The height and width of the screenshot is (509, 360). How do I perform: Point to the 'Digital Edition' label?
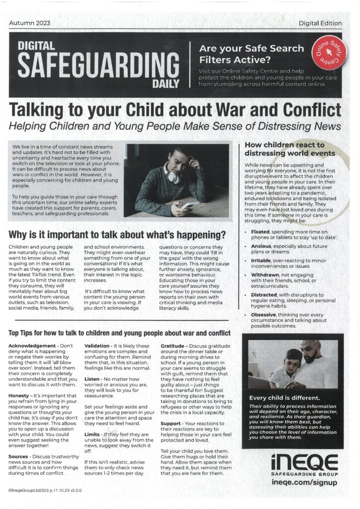coord(320,23)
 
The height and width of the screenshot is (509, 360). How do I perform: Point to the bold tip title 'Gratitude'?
coord(177,345)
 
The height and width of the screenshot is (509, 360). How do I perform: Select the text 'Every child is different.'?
coord(284,398)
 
